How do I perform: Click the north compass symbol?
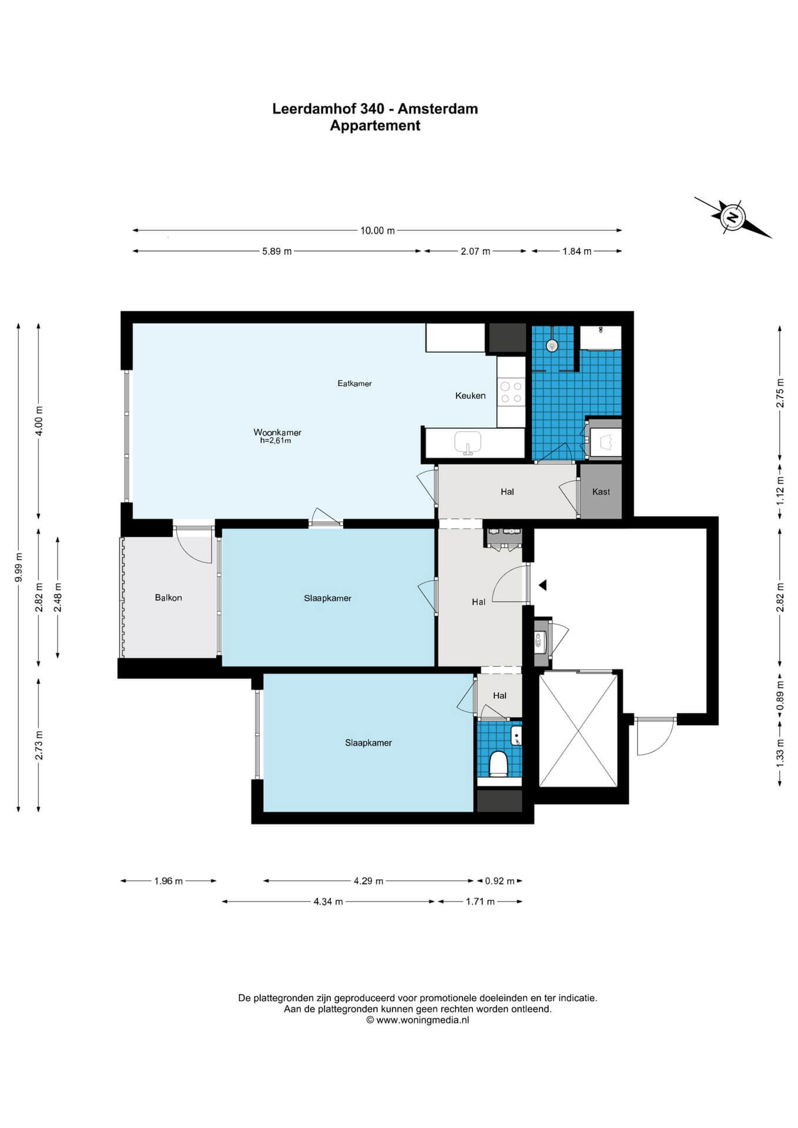pyautogui.click(x=733, y=217)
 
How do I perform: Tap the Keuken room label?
pyautogui.click(x=470, y=395)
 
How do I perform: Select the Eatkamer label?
pyautogui.click(x=354, y=383)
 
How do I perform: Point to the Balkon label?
pyautogui.click(x=168, y=597)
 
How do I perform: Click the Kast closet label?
pyautogui.click(x=601, y=492)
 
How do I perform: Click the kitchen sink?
pyautogui.click(x=468, y=442)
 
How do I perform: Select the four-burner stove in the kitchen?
pyautogui.click(x=511, y=392)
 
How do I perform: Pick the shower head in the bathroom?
pyautogui.click(x=552, y=345)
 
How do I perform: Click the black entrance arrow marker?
pyautogui.click(x=543, y=585)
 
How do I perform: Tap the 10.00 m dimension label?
pyautogui.click(x=377, y=230)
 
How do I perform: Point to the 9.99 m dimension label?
pyautogui.click(x=19, y=568)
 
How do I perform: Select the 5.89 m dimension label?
pyautogui.click(x=277, y=251)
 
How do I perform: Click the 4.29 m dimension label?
pyautogui.click(x=368, y=881)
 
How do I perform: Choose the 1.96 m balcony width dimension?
pyautogui.click(x=169, y=881)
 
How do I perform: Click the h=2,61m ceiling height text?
pyautogui.click(x=276, y=440)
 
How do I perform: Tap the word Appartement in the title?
pyautogui.click(x=375, y=125)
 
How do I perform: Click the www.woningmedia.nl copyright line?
pyautogui.click(x=417, y=1020)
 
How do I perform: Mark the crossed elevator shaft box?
pyautogui.click(x=578, y=730)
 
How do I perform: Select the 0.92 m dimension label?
pyautogui.click(x=499, y=881)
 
